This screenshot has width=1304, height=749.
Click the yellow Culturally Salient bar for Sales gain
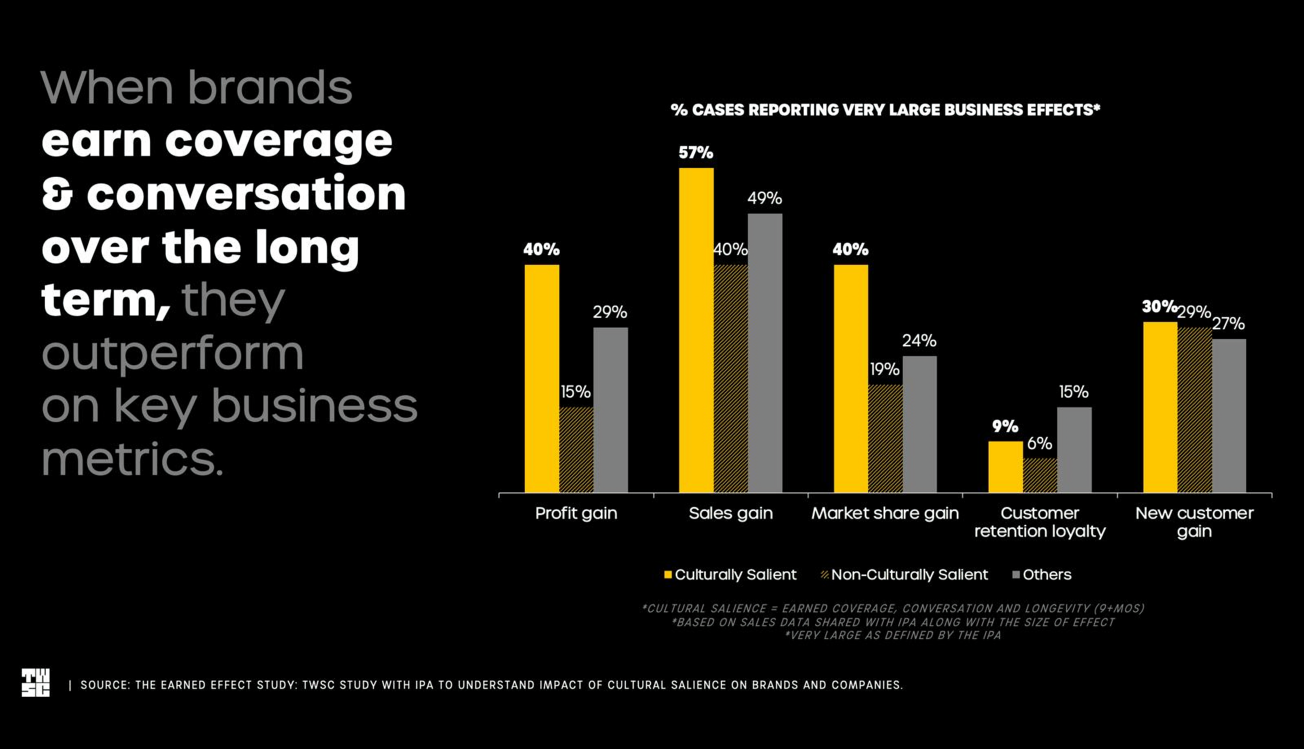pos(696,330)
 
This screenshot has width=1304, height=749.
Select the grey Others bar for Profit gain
pos(610,410)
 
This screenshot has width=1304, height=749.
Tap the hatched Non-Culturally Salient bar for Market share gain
pos(885,439)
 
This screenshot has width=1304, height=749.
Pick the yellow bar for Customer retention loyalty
pos(1005,467)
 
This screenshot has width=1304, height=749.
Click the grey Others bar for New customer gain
pos(1228,416)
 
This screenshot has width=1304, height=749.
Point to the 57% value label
pos(696,153)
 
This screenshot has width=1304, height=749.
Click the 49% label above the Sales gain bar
pos(765,198)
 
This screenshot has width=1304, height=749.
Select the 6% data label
pos(1040,444)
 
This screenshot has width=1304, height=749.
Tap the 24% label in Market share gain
pos(919,341)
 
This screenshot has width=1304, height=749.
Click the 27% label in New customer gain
pos(1228,324)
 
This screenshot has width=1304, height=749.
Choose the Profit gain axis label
pos(576,513)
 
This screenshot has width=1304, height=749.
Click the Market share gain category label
pos(885,513)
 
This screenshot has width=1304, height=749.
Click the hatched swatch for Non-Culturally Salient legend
pos(825,575)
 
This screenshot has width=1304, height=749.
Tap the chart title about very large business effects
pos(885,110)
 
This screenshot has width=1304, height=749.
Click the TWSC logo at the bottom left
pos(35,683)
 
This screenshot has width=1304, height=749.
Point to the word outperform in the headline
pos(172,354)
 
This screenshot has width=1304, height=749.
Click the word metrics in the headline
pos(132,459)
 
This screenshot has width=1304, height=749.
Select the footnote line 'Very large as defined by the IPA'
pos(893,635)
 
